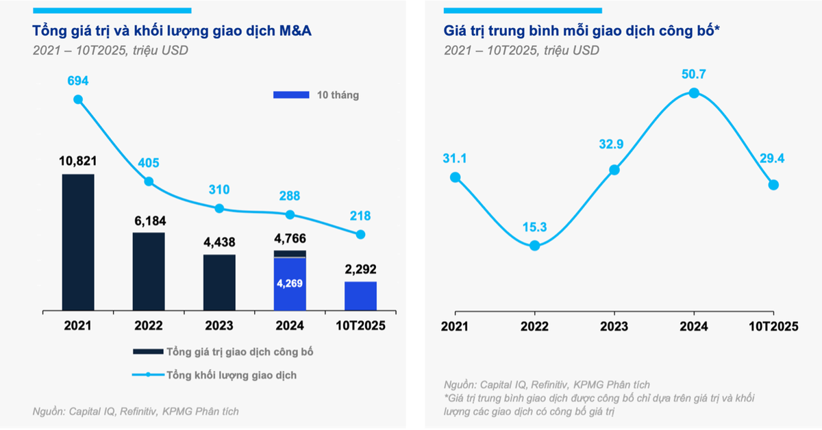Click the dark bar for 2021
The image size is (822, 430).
tap(78, 243)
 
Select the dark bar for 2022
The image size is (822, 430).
tap(149, 273)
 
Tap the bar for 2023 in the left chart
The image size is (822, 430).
tap(219, 283)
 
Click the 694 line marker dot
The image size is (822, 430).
tap(78, 99)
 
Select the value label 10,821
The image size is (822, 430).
tap(78, 162)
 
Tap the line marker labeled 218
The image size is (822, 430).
tap(360, 234)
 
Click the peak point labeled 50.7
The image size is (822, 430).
tap(694, 93)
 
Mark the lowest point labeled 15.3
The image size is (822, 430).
tap(535, 245)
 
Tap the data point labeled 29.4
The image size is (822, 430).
tap(773, 184)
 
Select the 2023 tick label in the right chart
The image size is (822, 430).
tap(614, 327)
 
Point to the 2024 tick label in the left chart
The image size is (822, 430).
tap(290, 327)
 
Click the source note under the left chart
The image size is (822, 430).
tap(136, 411)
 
